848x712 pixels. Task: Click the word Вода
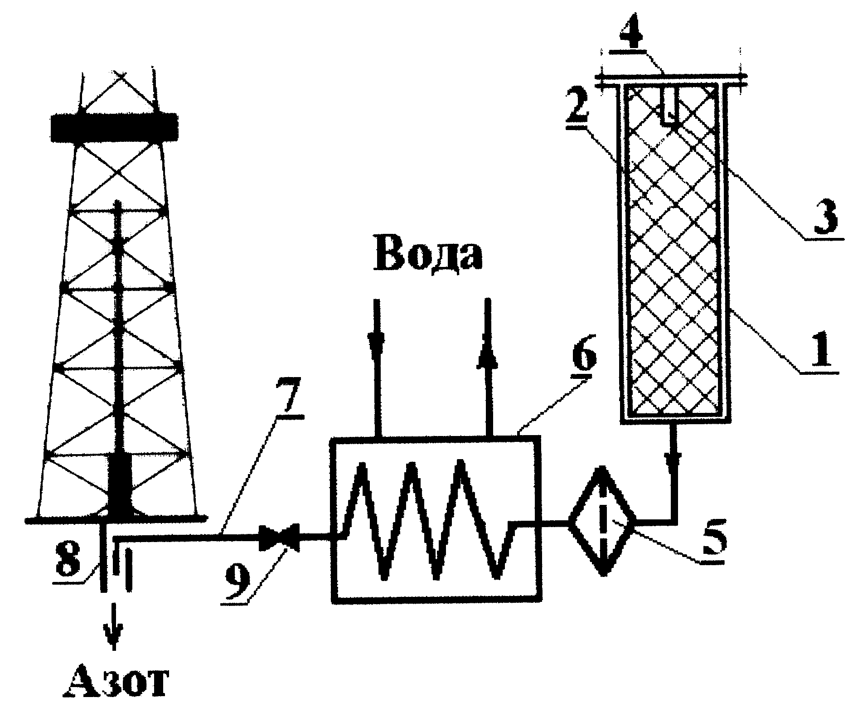(x=428, y=254)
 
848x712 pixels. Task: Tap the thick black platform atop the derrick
(x=113, y=126)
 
